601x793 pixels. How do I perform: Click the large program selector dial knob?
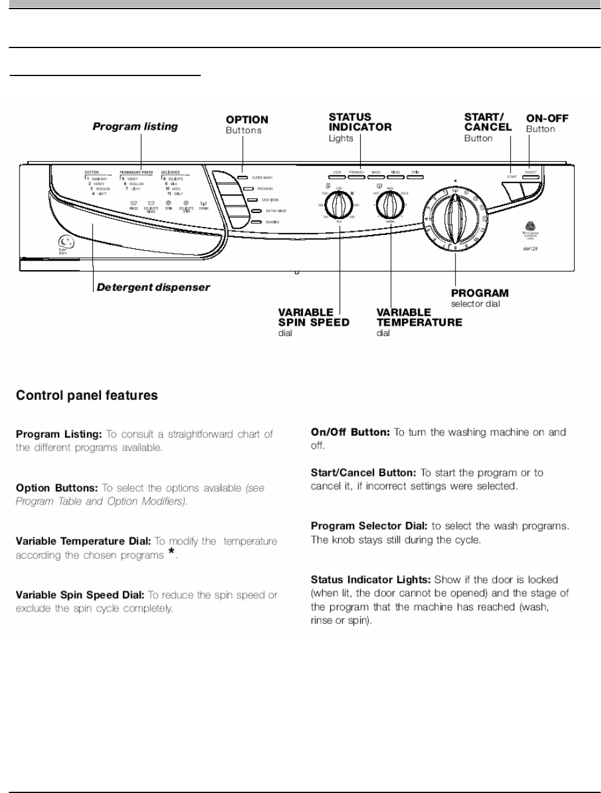455,216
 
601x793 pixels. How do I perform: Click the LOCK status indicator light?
336,172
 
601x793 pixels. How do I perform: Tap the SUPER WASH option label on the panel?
262,178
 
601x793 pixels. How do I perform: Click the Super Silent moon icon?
64,242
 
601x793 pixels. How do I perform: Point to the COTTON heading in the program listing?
91,173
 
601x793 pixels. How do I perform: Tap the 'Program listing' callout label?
135,127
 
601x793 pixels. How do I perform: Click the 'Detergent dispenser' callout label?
153,287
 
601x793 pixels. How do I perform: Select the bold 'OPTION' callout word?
247,120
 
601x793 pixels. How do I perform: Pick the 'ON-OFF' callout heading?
547,118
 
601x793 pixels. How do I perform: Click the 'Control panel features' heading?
86,396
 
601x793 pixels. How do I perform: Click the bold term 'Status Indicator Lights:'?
371,580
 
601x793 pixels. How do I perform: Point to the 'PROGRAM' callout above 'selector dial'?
480,293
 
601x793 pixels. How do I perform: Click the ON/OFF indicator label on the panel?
532,172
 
